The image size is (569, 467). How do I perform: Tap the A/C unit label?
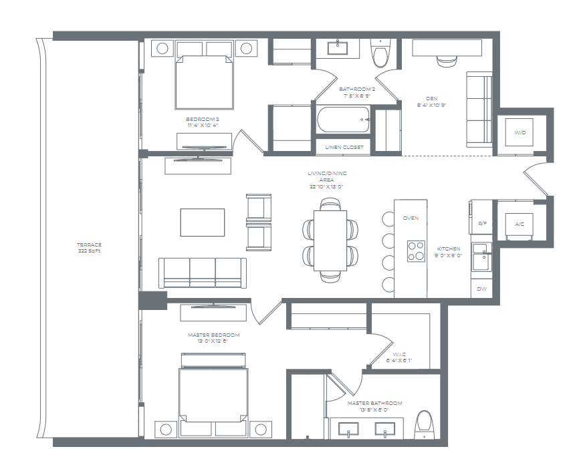[x=519, y=224]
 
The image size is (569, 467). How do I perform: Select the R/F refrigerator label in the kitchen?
[x=481, y=224]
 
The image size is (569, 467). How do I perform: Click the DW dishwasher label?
[x=481, y=289]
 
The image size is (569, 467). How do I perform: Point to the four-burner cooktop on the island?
[x=417, y=251]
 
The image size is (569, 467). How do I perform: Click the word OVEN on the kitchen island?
[x=411, y=218]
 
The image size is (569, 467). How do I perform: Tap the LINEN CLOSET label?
[x=344, y=147]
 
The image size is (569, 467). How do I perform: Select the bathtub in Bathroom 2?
[x=343, y=120]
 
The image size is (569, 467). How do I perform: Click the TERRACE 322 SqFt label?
[x=89, y=248]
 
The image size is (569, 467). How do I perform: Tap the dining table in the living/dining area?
[x=330, y=240]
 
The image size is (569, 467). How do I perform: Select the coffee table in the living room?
[x=202, y=222]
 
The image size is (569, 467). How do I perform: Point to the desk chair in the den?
[x=447, y=60]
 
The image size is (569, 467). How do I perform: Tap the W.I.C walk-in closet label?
[x=400, y=355]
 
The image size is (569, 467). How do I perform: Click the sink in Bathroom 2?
[x=336, y=47]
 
